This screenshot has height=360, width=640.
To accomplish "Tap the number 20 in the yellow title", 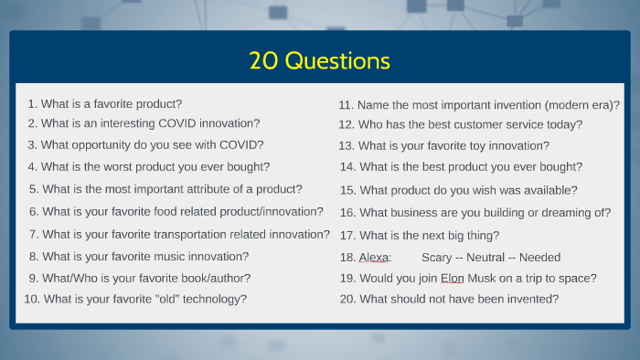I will tap(264, 61).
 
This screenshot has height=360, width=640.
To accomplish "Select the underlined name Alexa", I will tap(375, 258).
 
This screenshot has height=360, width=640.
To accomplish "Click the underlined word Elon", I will tap(453, 278).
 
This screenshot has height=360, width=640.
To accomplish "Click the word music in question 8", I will tap(181, 257).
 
